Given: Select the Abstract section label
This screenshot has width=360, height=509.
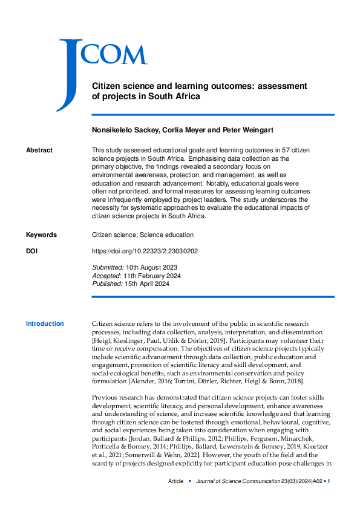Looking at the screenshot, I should (39, 150).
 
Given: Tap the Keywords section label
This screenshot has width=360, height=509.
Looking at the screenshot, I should (41, 235).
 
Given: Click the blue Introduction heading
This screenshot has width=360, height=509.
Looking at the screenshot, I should (45, 324).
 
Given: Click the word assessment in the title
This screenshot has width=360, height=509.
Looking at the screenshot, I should (283, 86).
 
